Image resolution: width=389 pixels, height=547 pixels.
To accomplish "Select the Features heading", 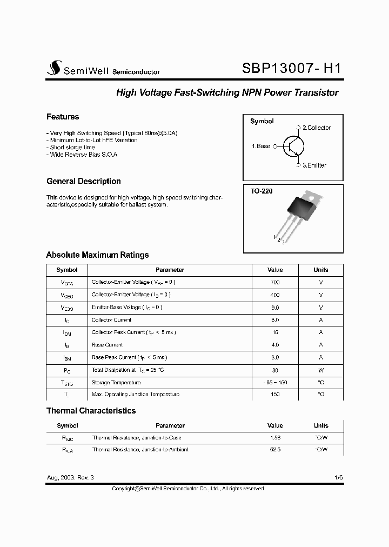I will [x=63, y=117].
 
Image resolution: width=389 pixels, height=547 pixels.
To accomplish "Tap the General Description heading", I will [x=84, y=181].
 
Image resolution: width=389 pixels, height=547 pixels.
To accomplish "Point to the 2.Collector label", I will [x=316, y=128].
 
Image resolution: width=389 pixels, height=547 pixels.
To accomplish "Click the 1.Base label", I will [x=261, y=146].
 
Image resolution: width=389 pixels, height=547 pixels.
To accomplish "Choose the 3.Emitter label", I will [x=314, y=165].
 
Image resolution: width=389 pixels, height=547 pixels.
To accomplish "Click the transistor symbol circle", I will [x=294, y=146].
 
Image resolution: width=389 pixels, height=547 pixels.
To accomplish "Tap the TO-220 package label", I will [x=261, y=191].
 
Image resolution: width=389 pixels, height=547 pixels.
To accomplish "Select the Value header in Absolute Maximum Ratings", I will [x=275, y=270].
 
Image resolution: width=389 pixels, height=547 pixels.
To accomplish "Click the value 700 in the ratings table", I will [x=275, y=282].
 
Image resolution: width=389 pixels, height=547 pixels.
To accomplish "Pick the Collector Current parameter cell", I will [x=112, y=320].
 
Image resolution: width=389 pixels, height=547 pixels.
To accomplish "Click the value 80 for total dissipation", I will [x=275, y=370].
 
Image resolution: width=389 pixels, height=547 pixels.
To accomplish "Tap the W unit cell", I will [x=321, y=370].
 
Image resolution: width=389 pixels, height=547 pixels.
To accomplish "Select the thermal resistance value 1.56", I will [x=275, y=438].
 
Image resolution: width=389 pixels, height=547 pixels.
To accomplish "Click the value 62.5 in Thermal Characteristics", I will [x=275, y=450].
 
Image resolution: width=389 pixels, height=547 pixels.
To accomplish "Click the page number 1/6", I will [x=338, y=478].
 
